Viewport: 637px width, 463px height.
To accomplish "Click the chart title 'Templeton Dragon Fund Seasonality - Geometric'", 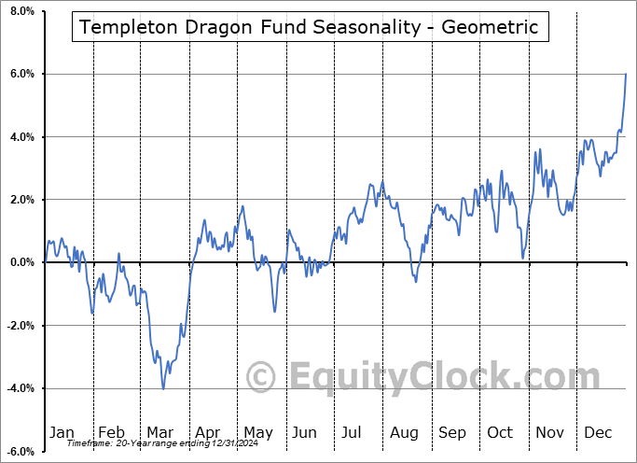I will [309, 27].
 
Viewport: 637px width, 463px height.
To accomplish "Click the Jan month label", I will [62, 433].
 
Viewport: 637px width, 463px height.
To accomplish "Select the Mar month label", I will [160, 433].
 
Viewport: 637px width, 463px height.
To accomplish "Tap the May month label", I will [257, 433].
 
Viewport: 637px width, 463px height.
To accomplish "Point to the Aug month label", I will [405, 433].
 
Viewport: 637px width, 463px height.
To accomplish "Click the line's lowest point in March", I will [163, 388].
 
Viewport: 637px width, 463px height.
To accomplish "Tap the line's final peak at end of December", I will [625, 74].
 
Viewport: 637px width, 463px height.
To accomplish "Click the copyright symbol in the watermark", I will [261, 378].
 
